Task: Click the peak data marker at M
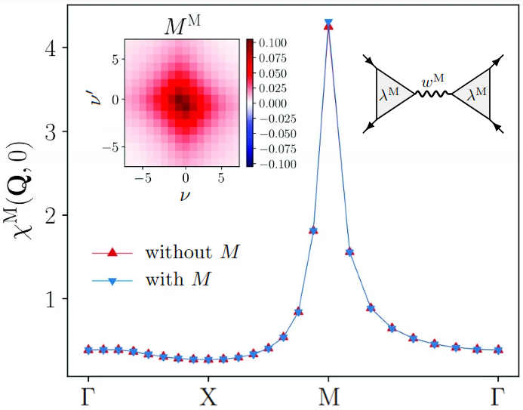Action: click(328, 25)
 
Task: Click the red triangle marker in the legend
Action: click(110, 251)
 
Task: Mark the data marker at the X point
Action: click(208, 359)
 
